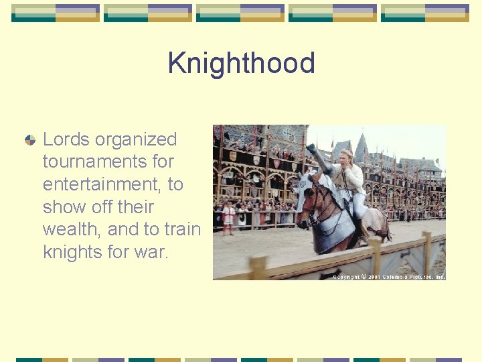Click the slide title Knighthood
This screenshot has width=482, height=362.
(x=241, y=63)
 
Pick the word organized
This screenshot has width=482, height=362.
(x=136, y=139)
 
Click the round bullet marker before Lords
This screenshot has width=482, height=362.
(x=29, y=140)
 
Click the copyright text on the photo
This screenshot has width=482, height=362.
(x=388, y=276)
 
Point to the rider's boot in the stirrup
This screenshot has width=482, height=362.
(x=363, y=240)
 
